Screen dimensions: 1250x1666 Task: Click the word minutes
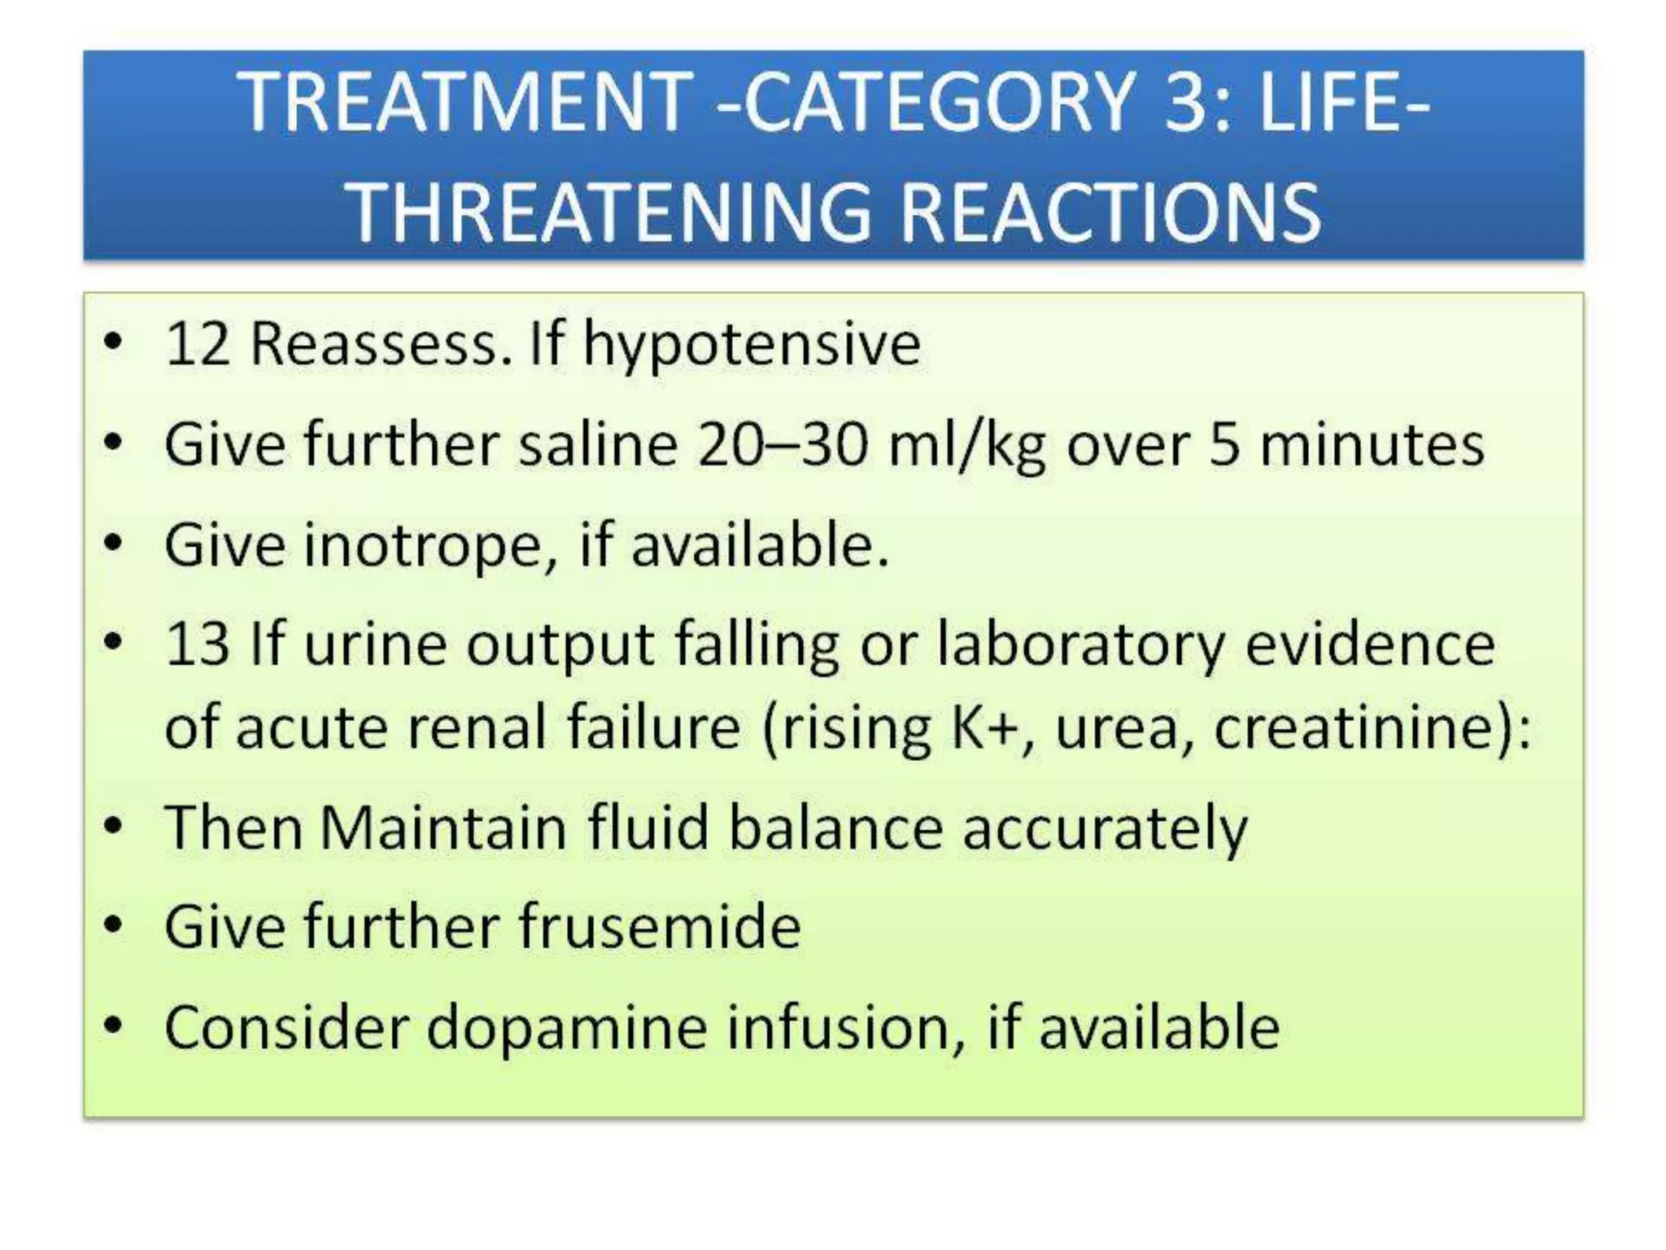1372,445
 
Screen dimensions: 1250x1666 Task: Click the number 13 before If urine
197,645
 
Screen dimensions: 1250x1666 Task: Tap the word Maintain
443,828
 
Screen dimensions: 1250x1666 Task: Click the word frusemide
660,927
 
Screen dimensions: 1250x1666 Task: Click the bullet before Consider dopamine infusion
114,1025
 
